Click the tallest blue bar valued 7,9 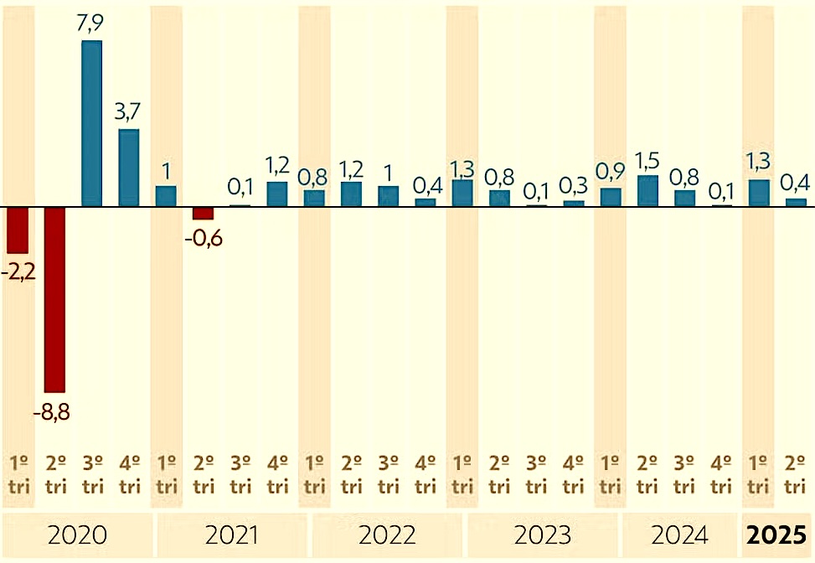(92, 123)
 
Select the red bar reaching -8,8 (55, 299)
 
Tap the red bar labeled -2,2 (18, 230)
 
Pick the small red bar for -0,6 (204, 213)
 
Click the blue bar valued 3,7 (129, 168)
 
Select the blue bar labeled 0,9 (611, 197)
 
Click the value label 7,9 (92, 25)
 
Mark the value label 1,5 (647, 160)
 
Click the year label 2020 (78, 535)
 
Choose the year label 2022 (387, 535)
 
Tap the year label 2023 (542, 535)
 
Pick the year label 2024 (679, 535)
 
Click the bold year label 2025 (778, 535)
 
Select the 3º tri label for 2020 (92, 474)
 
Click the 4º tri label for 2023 (574, 474)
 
